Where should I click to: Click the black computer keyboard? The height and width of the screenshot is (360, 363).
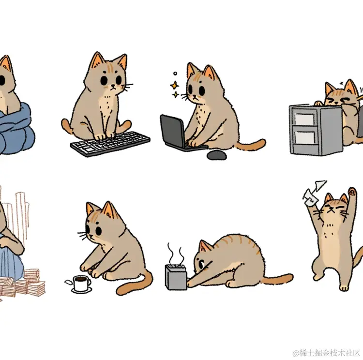(110, 144)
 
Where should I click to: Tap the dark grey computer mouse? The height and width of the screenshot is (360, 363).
(216, 155)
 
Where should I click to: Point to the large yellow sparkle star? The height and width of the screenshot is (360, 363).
(174, 85)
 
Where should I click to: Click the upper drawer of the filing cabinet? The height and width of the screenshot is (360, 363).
(304, 119)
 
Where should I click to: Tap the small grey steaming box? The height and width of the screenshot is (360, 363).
(176, 277)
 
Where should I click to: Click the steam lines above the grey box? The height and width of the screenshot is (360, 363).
(176, 253)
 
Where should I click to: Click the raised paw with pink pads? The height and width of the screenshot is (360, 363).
(352, 192)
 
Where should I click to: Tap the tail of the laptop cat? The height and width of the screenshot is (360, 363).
(251, 145)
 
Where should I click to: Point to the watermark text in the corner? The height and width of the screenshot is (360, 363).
(327, 353)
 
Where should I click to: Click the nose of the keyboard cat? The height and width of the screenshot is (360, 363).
(113, 86)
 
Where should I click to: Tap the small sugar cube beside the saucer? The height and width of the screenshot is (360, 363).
(68, 282)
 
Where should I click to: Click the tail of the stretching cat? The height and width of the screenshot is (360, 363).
(277, 279)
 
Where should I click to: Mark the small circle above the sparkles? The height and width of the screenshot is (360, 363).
(175, 74)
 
